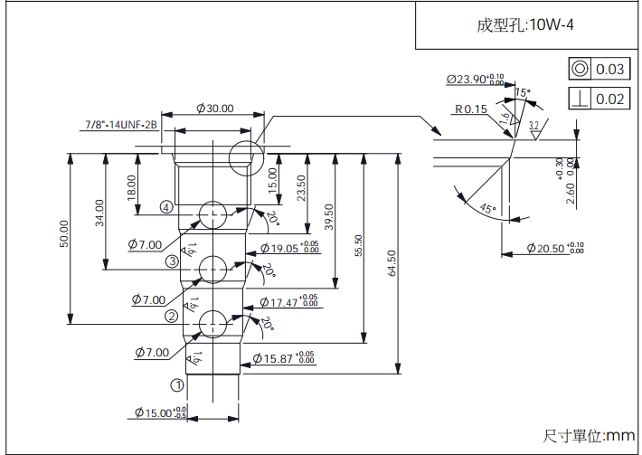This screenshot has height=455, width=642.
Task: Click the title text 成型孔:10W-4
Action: [x=525, y=25]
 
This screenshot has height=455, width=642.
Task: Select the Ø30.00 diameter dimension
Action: [x=214, y=109]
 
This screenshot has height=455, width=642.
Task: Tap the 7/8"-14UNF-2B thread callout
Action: [x=121, y=124]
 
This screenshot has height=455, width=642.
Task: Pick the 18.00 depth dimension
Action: [x=131, y=187]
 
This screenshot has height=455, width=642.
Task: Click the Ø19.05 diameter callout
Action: [x=288, y=248]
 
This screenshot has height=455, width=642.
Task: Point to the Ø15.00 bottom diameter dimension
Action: [x=161, y=413]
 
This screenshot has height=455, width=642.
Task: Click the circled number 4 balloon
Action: [x=166, y=207]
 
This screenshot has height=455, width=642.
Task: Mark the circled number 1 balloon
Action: [x=178, y=384]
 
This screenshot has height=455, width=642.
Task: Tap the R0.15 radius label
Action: [x=470, y=109]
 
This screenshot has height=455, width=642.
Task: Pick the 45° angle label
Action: [x=488, y=208]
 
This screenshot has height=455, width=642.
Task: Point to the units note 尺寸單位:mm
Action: [x=589, y=436]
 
